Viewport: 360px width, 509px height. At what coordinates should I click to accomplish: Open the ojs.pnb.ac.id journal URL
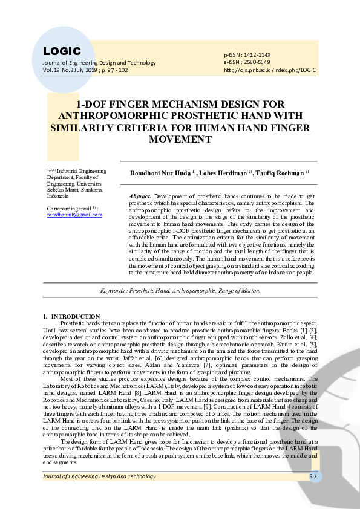270,70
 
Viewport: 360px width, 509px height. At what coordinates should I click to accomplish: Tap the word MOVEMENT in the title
180,140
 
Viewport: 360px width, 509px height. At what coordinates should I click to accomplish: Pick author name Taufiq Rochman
281,173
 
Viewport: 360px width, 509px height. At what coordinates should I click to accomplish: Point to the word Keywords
113,291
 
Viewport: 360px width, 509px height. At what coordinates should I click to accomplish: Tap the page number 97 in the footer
313,476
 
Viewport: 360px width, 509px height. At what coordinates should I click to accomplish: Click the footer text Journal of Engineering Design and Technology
99,476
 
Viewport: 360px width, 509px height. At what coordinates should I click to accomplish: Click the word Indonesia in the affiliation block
58,196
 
